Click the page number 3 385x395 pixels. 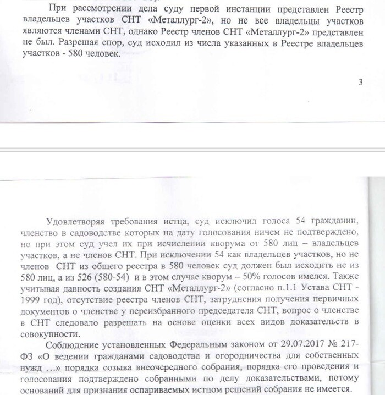click(x=360, y=83)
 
